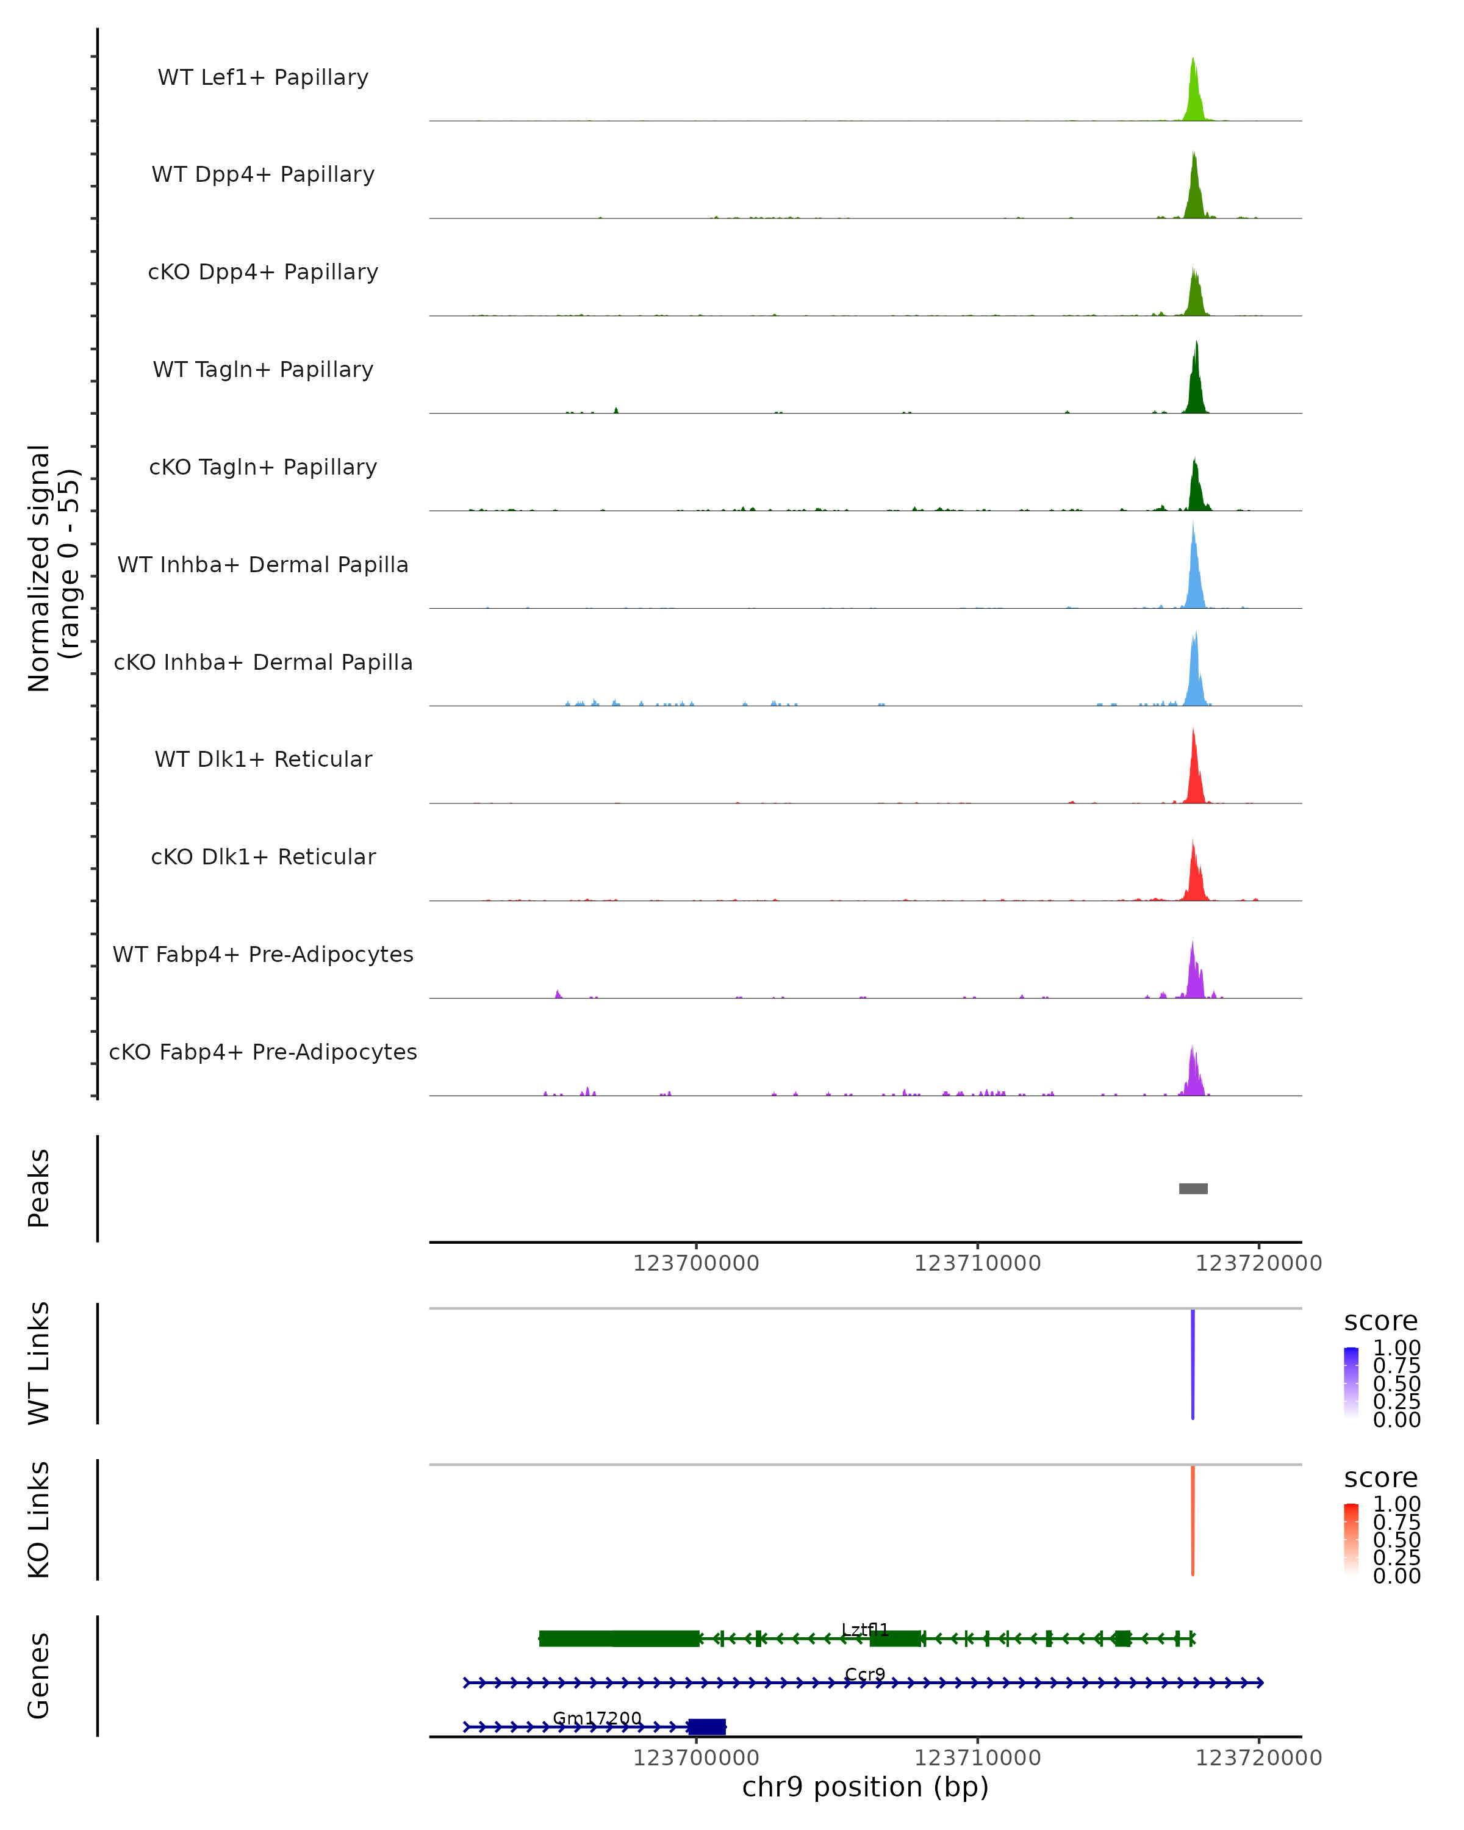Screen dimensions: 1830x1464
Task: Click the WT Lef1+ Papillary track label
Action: coord(263,77)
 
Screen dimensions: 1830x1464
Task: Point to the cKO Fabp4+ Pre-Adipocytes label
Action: coord(263,1052)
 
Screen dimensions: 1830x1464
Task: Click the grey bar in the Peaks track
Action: coord(1193,1188)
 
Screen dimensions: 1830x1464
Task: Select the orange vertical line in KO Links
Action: coord(1193,1520)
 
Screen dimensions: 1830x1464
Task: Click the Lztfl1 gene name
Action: coord(865,1630)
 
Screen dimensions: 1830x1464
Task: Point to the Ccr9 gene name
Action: coord(865,1674)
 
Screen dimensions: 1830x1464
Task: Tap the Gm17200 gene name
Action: coord(597,1718)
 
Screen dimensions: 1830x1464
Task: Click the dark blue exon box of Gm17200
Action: coord(707,1726)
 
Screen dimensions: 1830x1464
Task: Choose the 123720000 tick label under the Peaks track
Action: coord(1258,1263)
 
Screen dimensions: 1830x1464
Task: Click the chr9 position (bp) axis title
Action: coord(865,1787)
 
